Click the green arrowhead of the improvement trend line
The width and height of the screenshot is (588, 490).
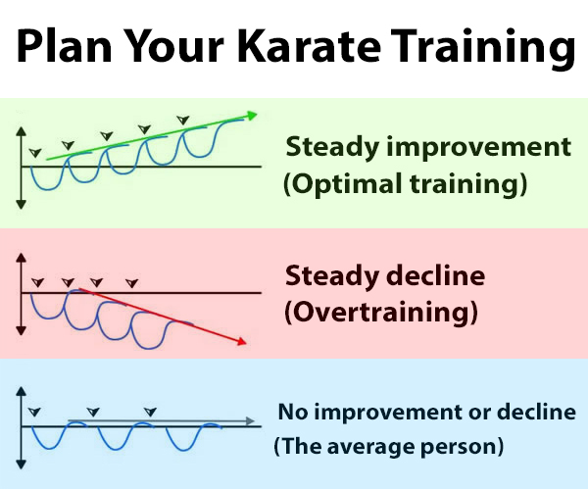(252, 115)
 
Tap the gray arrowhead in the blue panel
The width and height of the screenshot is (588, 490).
(251, 421)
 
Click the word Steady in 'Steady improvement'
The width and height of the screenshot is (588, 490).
(332, 147)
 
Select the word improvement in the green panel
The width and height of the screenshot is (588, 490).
(479, 147)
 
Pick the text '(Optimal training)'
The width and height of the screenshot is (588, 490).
(405, 183)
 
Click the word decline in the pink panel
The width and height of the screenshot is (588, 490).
(435, 275)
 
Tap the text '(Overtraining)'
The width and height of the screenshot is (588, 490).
(381, 312)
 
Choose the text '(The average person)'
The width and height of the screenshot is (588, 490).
(388, 446)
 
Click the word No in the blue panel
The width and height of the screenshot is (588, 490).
(293, 412)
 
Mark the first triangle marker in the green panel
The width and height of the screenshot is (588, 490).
(35, 153)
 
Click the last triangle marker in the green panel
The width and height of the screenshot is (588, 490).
(183, 120)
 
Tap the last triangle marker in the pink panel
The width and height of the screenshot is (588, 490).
(132, 283)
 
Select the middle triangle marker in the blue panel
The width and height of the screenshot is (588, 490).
(93, 412)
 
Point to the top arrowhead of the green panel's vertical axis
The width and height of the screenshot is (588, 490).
(22, 131)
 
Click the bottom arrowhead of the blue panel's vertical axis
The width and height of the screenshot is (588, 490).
(22, 465)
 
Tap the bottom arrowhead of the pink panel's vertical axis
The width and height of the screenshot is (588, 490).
(22, 330)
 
